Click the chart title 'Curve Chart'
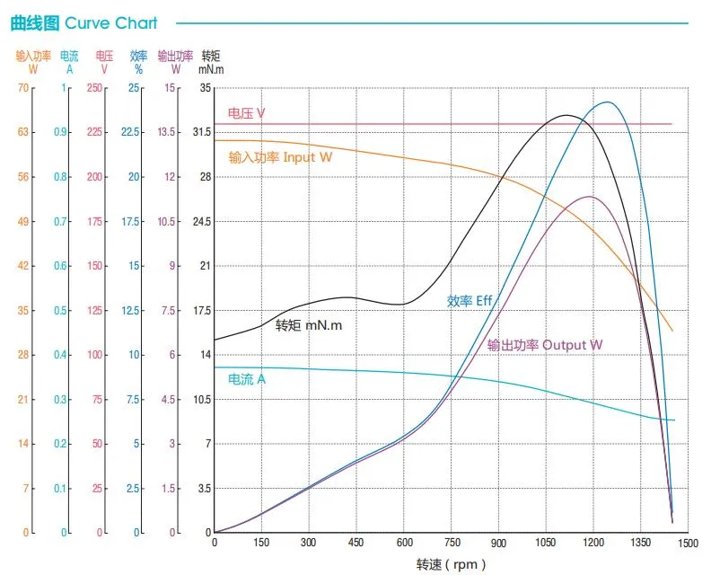[110, 22]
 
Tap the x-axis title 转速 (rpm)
[452, 564]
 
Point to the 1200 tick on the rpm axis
[593, 543]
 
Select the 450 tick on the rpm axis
[356, 543]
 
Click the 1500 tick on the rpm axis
[688, 543]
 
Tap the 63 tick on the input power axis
[24, 132]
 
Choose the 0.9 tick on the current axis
[59, 132]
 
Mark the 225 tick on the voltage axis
[94, 132]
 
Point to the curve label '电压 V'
[246, 114]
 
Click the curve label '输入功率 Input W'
[280, 157]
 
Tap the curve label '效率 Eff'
[470, 301]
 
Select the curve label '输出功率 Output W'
[545, 345]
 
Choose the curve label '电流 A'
[247, 379]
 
